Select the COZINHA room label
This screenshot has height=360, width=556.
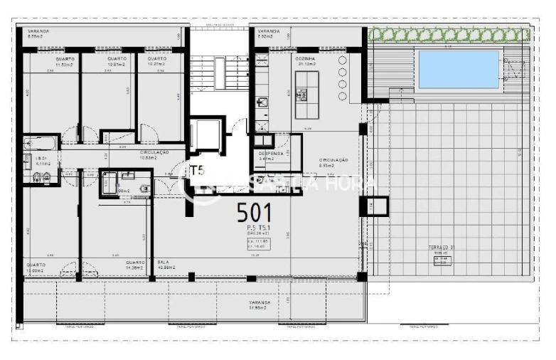pos(307,60)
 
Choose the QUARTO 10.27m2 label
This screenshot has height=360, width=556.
pos(156,61)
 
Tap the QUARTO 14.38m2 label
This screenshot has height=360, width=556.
pos(135,265)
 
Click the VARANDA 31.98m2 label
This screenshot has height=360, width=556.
pos(259,305)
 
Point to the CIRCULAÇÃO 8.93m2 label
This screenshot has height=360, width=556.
pos(333,163)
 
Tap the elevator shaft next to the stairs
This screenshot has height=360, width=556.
pos(208,134)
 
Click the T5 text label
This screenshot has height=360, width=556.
pos(197,171)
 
